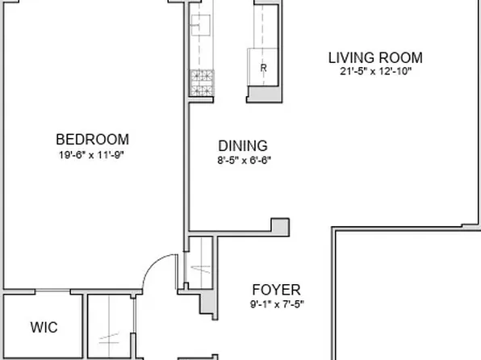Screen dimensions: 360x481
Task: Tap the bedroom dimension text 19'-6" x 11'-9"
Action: (91, 155)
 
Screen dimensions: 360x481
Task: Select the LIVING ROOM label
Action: (374, 58)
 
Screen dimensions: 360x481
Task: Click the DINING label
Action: (243, 146)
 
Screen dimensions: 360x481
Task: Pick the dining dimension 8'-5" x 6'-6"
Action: (243, 161)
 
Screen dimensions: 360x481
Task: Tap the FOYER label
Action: (276, 290)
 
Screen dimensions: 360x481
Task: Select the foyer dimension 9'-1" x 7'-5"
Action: (276, 304)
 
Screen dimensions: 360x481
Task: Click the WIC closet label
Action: (44, 328)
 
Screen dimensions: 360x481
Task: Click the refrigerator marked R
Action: (263, 69)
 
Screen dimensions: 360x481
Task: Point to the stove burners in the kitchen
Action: (199, 78)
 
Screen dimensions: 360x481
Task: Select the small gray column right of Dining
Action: (280, 226)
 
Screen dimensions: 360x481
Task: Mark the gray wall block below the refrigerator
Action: (261, 94)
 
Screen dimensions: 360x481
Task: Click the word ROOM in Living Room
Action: (400, 58)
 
